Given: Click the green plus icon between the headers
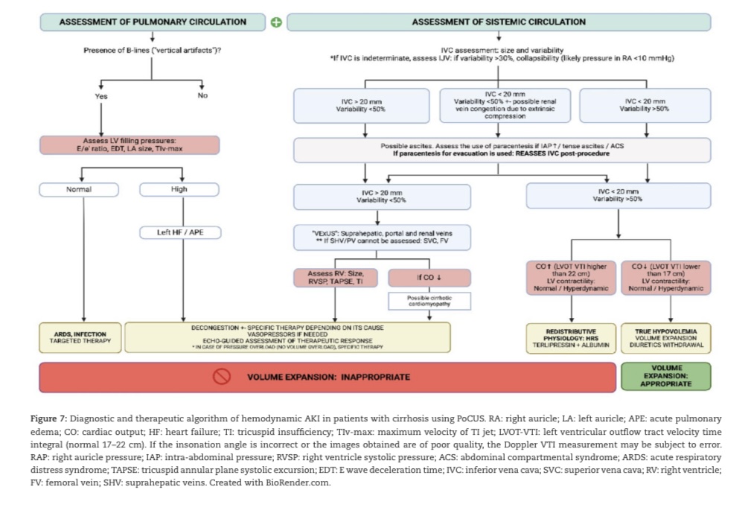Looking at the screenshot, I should (275, 22).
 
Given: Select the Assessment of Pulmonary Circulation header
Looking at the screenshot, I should (152, 22).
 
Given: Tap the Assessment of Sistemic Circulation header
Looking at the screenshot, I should (498, 22).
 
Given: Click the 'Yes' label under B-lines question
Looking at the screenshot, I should (101, 96).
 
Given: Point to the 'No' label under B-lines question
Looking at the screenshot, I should (202, 96).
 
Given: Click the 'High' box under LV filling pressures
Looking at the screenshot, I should (179, 189).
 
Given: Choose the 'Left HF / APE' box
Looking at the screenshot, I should (179, 232).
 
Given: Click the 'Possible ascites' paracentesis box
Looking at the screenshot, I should (502, 150).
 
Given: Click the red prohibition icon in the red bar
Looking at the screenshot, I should (223, 377).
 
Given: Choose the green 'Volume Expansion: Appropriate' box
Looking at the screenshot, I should (665, 376).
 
